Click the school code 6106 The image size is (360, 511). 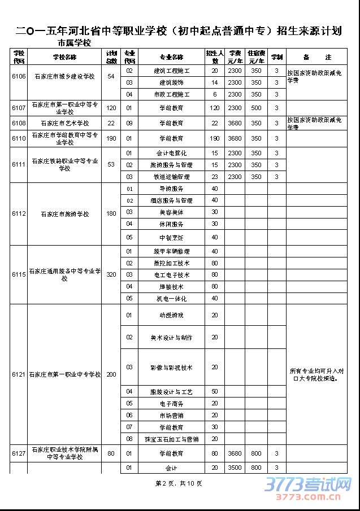coord(19,76)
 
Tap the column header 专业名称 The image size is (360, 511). coord(171,57)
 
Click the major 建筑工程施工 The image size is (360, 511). coord(171,71)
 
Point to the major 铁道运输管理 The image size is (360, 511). coord(171,177)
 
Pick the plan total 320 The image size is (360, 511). coord(111,274)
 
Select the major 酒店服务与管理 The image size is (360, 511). coord(171,200)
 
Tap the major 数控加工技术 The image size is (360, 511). coord(171,263)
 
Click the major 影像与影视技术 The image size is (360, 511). coord(171,368)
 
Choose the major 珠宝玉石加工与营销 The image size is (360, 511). coord(171,439)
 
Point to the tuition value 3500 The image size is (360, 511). coord(235,468)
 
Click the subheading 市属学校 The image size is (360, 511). coord(74,43)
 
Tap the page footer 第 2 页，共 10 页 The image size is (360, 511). coord(178,483)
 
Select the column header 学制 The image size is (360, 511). coord(277,57)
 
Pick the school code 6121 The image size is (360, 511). coord(19,374)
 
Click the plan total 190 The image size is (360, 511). coord(111,138)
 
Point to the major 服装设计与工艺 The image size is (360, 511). coord(171,391)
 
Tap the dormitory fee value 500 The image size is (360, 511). coord(256,107)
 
